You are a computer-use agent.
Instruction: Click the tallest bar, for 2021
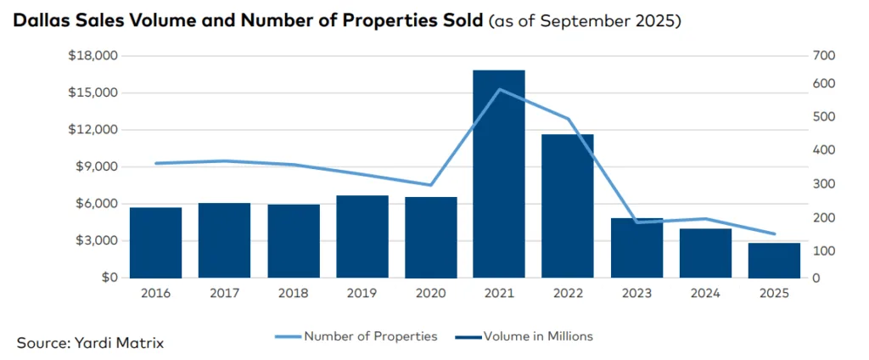499,174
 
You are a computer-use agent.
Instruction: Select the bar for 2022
568,206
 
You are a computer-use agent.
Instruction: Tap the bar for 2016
155,243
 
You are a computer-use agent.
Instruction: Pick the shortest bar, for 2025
774,261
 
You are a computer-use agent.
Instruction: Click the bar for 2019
362,237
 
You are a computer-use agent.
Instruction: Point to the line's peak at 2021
499,89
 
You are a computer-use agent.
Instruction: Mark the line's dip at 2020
431,185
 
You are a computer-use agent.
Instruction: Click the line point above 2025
774,234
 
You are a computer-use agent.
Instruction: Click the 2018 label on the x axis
294,293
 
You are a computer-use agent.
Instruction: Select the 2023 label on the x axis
636,293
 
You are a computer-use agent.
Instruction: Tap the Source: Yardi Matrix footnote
90,343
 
